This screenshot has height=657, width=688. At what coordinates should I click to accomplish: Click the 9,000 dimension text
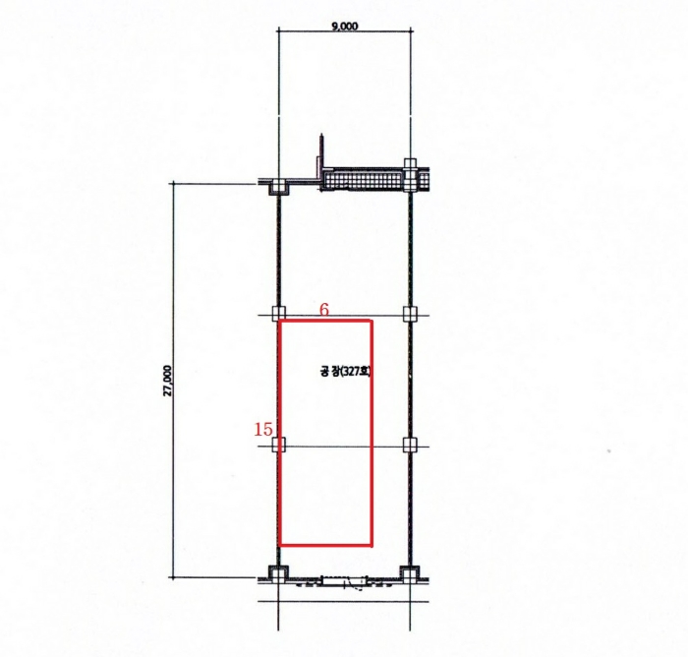pyautogui.click(x=345, y=27)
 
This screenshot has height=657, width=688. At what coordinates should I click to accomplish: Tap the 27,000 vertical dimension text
pyautogui.click(x=168, y=381)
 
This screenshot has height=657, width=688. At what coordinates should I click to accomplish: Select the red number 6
pyautogui.click(x=323, y=310)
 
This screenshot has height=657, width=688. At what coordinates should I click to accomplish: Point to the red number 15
pyautogui.click(x=263, y=429)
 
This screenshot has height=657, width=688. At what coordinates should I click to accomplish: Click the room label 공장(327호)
pyautogui.click(x=345, y=372)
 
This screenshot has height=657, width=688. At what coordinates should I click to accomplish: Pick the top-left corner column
pyautogui.click(x=278, y=187)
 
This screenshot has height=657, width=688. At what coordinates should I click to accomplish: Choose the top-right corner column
pyautogui.click(x=410, y=175)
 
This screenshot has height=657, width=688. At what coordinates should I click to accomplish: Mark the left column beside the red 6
pyautogui.click(x=278, y=314)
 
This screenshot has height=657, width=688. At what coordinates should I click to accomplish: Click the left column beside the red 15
pyautogui.click(x=278, y=445)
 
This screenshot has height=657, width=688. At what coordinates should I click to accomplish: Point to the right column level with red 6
pyautogui.click(x=410, y=314)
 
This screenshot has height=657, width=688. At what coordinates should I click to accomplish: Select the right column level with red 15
pyautogui.click(x=410, y=445)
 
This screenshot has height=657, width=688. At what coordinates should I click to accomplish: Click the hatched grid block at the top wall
pyautogui.click(x=364, y=180)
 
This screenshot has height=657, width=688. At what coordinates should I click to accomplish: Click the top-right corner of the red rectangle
pyautogui.click(x=373, y=321)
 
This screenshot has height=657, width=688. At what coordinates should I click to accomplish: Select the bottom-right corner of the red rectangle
pyautogui.click(x=373, y=546)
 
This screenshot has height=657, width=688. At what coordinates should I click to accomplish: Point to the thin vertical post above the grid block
pyautogui.click(x=322, y=151)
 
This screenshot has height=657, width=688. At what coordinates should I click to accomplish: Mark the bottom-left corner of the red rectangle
pyautogui.click(x=279, y=546)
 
